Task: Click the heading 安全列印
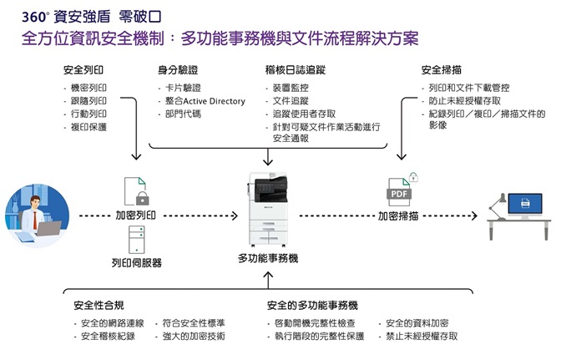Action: coord(83,69)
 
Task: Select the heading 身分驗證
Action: coord(178,69)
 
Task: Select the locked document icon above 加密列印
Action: coord(136,191)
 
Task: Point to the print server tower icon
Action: coord(135,240)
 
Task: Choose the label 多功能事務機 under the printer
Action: coord(268,259)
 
